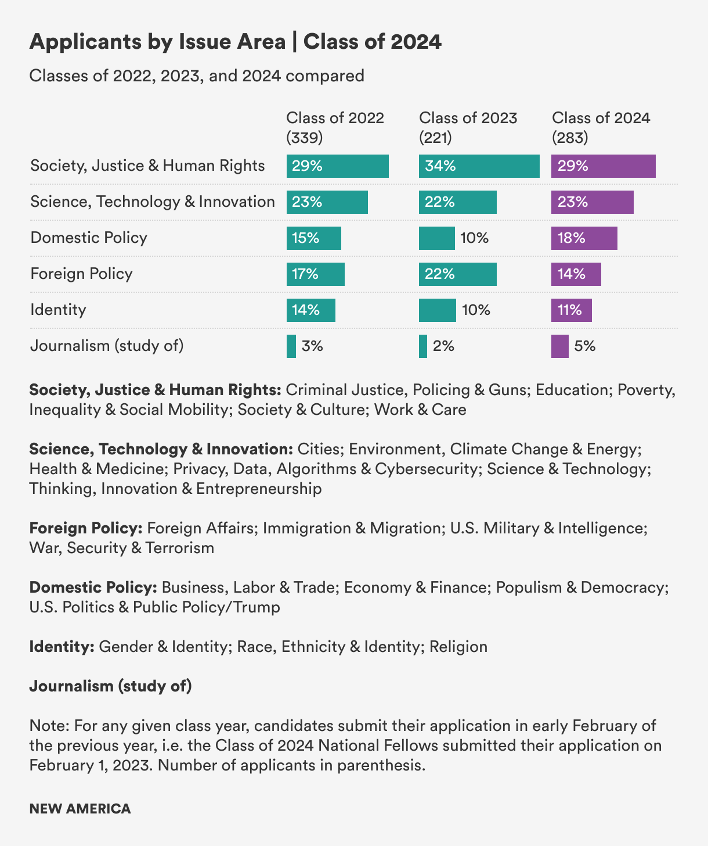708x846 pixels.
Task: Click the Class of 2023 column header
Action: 468,118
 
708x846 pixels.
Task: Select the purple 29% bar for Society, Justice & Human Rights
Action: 603,166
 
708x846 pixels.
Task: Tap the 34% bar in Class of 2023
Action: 479,166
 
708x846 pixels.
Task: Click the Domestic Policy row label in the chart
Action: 89,238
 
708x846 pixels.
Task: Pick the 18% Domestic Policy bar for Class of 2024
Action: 584,238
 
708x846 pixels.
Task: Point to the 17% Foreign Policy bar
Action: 315,274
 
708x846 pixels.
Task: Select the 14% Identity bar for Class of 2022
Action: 310,310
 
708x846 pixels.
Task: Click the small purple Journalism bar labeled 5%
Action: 559,346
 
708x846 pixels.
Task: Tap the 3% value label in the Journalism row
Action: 312,346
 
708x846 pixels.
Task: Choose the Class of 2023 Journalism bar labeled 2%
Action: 423,346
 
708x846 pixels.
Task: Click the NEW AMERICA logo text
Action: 80,809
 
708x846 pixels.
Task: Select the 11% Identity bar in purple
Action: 571,310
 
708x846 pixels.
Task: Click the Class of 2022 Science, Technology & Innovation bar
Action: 327,202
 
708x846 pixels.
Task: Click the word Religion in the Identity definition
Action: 458,647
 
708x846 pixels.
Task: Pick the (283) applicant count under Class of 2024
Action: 570,138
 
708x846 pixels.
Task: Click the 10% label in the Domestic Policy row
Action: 474,238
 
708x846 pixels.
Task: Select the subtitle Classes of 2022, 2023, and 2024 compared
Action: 197,76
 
